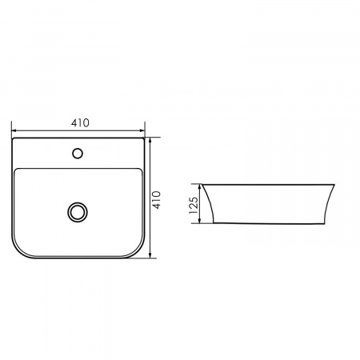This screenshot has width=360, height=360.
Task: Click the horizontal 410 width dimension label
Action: (x=80, y=123)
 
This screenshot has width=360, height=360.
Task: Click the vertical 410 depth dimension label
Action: (x=157, y=200)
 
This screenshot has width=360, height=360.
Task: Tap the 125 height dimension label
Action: (x=194, y=206)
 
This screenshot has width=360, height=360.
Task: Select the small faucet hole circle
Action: (x=78, y=154)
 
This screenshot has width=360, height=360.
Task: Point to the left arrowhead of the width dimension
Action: (x=14, y=130)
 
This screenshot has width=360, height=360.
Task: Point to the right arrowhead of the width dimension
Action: (x=142, y=130)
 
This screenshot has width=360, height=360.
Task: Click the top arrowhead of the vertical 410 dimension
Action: (x=150, y=141)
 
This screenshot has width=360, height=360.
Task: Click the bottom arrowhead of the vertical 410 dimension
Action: (x=150, y=255)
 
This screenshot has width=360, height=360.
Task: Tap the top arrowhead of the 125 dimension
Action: (x=199, y=187)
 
